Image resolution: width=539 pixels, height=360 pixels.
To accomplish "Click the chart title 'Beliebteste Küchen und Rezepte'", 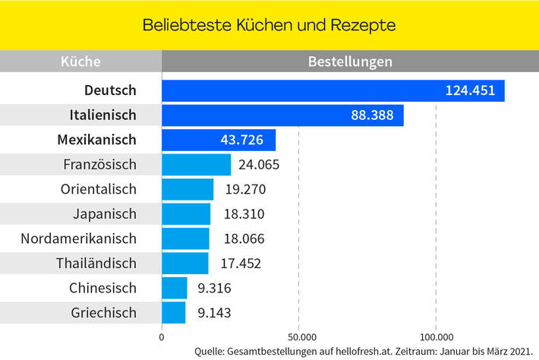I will tap(269, 25).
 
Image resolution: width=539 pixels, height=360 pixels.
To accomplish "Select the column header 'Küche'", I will tap(80, 62).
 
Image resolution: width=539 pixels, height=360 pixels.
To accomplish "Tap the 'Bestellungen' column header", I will tap(350, 62).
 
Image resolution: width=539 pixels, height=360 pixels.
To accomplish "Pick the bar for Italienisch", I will tap(282, 115).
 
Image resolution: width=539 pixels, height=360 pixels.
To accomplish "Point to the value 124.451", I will tap(470, 90).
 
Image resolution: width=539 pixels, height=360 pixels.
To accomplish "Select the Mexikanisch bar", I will tap(219, 140).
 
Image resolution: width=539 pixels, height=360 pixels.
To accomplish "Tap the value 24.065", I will tap(258, 165).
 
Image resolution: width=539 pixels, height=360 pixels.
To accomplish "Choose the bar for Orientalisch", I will tap(188, 189).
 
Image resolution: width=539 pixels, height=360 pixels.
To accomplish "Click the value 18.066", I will tap(244, 238).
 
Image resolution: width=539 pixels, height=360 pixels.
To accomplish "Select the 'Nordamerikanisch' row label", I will tap(79, 238).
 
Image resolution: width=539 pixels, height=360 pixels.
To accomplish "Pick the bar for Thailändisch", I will tap(185, 264).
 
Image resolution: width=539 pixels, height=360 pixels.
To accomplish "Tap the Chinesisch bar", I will tap(175, 288).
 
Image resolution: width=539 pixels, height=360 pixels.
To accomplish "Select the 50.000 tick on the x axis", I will tap(300, 336).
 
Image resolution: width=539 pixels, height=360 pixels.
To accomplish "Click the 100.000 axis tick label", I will tap(436, 336).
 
